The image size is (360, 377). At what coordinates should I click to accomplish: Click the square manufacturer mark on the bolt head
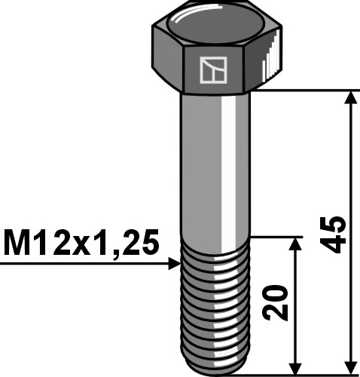point(214,70)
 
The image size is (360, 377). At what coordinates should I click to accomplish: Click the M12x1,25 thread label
point(81,244)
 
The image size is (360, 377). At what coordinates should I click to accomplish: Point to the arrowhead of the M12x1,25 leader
point(175,263)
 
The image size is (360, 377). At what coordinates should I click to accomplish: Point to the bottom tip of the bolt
point(215,369)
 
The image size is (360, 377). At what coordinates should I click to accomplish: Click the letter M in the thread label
point(18,244)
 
